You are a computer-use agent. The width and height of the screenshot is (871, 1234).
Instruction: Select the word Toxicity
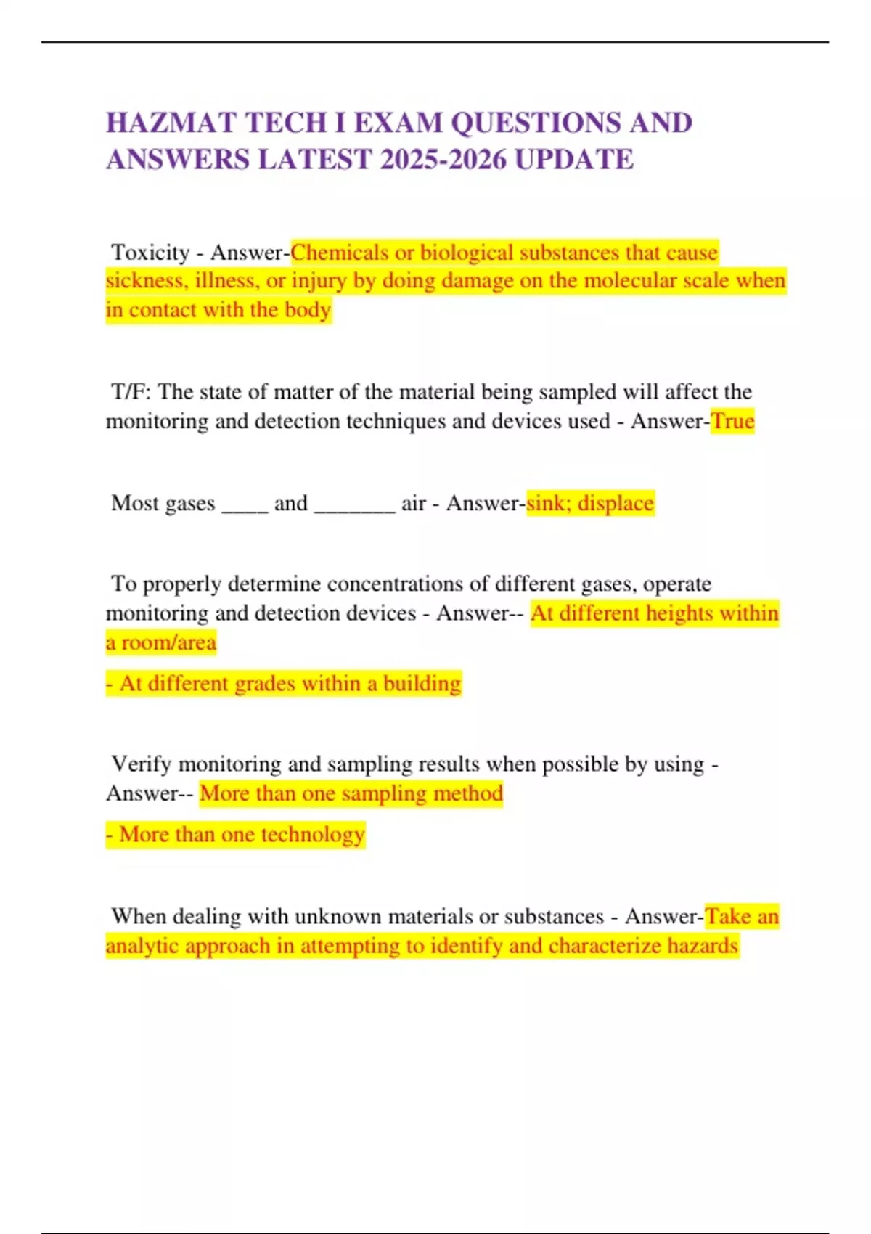(150, 253)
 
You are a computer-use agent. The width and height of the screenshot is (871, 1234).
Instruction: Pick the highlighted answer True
(732, 421)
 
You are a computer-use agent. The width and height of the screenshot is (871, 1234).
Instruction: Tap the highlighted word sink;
(548, 503)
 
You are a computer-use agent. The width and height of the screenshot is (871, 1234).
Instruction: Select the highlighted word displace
(616, 503)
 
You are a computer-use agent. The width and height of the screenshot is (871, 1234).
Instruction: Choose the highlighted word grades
(244, 684)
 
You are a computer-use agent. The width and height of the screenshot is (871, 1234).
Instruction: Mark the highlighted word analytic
(142, 946)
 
